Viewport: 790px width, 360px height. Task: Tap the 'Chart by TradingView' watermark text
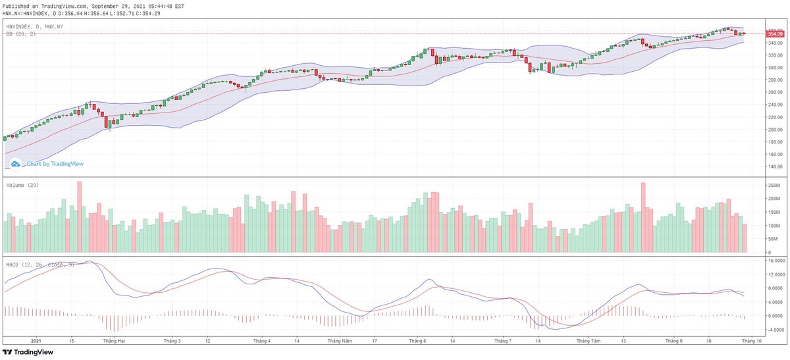click(55, 164)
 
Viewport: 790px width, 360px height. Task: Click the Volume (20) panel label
click(22, 186)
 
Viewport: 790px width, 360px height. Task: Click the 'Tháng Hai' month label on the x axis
click(114, 341)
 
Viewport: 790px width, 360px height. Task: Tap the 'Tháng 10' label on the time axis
click(750, 341)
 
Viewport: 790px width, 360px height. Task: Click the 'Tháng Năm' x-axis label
click(340, 341)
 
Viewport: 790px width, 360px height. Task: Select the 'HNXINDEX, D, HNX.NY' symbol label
click(34, 26)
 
